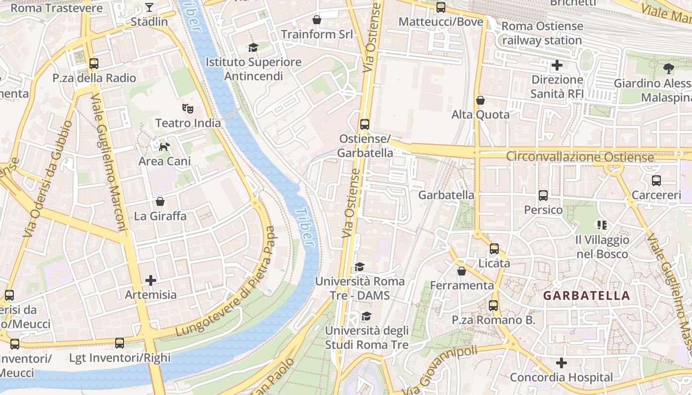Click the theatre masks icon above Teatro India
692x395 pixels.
click(187, 108)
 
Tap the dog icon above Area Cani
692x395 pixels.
click(164, 146)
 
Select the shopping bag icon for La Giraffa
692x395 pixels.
click(160, 201)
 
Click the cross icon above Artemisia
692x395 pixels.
click(151, 280)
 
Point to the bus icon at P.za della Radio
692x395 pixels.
click(94, 64)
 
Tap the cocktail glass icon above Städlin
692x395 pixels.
click(149, 7)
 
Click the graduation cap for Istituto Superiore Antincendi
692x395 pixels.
click(253, 47)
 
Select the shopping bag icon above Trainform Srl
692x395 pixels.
click(317, 20)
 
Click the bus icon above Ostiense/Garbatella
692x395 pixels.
click(365, 124)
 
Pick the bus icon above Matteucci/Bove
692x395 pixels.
click(441, 7)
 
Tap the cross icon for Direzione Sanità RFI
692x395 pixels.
click(557, 65)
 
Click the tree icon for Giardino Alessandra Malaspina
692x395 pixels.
click(669, 69)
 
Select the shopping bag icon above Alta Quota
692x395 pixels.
click(480, 100)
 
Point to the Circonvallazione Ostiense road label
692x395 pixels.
click(580, 157)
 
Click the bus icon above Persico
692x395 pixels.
click(543, 196)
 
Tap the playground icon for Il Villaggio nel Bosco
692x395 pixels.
click(602, 225)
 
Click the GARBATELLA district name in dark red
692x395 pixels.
click(586, 296)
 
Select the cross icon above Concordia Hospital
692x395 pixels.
click(561, 363)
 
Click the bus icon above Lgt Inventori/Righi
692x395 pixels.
click(120, 343)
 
